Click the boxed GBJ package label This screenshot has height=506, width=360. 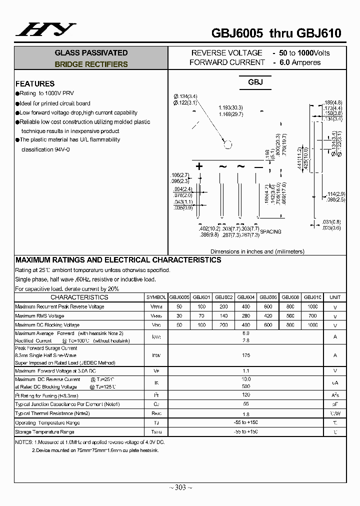coord(255,82)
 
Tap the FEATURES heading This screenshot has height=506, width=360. coord(35,83)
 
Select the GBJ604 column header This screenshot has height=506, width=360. coord(245,297)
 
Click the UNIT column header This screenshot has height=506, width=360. coord(334,297)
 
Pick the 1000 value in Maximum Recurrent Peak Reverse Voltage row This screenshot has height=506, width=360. coord(312,306)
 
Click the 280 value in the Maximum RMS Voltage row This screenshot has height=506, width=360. coord(245,316)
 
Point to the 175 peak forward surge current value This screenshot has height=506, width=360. coord(245,355)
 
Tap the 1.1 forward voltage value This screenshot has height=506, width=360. coord(245,371)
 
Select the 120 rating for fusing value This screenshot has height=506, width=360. coord(245,395)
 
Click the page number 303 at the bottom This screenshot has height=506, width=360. coord(180,487)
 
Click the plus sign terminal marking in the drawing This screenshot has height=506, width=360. coord(199,166)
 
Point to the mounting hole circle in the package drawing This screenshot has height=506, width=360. coord(228,145)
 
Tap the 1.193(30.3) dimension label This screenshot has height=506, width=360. coord(230,107)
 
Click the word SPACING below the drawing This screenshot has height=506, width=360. coord(270,231)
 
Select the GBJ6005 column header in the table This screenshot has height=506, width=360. coord(179,297)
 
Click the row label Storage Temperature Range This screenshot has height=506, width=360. coord(44,432)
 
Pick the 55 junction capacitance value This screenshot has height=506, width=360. coord(245,404)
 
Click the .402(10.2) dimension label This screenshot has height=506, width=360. coord(208,228)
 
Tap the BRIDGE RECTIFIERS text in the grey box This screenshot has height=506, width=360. coord(91,64)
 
